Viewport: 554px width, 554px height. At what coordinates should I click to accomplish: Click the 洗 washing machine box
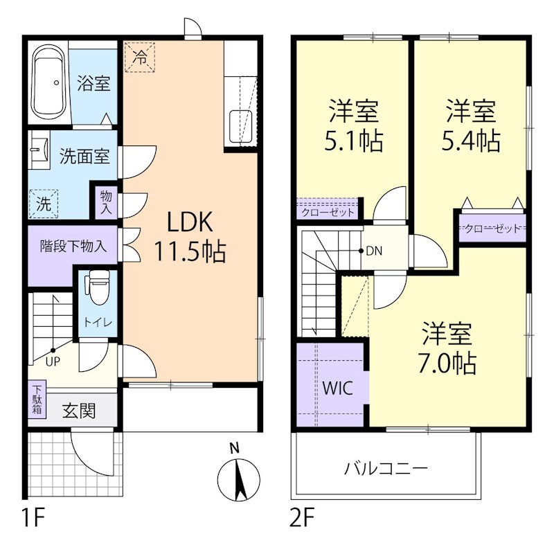pos(43,204)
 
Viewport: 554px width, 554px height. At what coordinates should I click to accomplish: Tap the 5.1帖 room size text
pos(354,142)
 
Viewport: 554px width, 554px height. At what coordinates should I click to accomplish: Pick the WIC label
pos(337,387)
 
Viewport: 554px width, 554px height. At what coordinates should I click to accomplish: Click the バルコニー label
pos(386,468)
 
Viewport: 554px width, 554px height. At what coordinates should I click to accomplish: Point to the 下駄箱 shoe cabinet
pos(35,400)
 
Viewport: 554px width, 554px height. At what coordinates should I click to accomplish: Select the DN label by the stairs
pos(373,251)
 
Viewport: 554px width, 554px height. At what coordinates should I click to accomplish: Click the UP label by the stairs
pos(53,360)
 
